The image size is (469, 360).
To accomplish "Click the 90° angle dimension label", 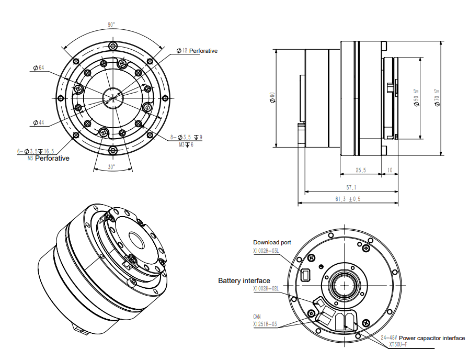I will [x=111, y=25].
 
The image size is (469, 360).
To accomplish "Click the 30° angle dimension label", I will [x=111, y=167].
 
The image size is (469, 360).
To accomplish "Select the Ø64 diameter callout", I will [x=38, y=68].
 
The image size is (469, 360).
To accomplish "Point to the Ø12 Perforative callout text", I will [x=197, y=51].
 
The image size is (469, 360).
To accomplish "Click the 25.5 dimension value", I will [x=360, y=170].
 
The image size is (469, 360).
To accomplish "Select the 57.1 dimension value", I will [x=351, y=187].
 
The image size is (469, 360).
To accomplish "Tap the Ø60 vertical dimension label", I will [x=272, y=98].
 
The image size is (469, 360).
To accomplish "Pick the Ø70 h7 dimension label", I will [x=437, y=98].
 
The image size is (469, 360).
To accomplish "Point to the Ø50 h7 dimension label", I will [x=416, y=98].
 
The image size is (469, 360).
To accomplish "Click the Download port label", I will [x=272, y=242].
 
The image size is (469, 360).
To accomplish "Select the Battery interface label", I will [x=244, y=281].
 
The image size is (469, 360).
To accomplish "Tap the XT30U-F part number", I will [x=398, y=344].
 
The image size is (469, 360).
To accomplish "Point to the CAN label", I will [x=257, y=317].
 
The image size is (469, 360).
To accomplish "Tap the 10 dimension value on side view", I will [x=390, y=170].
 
